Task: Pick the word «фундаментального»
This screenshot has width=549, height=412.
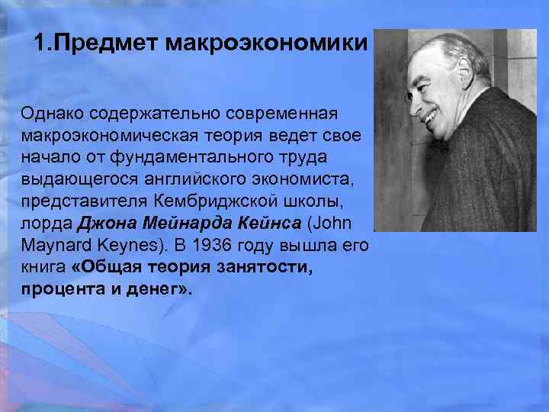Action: click(186, 156)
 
